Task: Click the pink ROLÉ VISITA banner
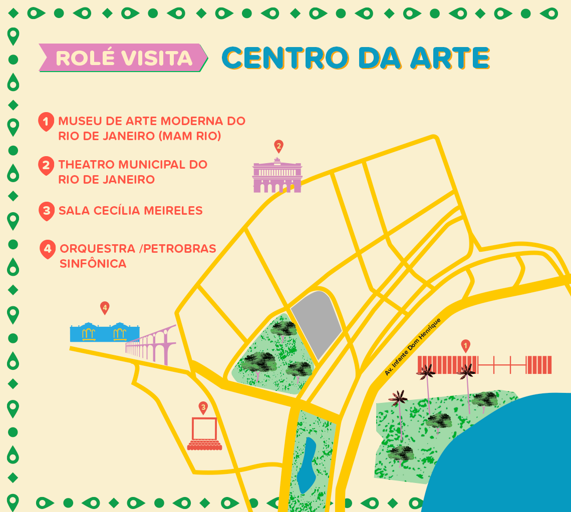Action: pos(123,58)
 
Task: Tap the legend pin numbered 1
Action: pos(46,122)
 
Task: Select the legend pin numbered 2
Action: pos(46,165)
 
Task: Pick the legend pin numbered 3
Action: pos(47,211)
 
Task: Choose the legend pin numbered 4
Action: pos(48,249)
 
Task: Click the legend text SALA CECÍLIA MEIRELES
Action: pos(130,211)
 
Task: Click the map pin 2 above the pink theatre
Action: pos(278,146)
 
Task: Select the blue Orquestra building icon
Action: pos(104,331)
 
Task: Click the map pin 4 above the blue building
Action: pos(105,307)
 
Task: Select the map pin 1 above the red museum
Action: pos(466,345)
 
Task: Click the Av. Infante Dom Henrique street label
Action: pos(413,346)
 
